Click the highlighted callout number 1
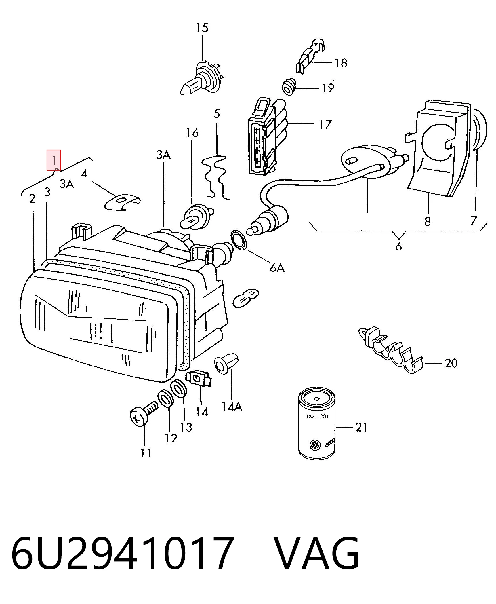[x=54, y=160]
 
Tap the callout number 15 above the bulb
[x=202, y=28]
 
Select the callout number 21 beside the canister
[x=361, y=427]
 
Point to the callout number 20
[x=451, y=363]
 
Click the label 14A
[x=232, y=406]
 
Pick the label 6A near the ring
[x=277, y=268]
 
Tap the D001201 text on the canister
[x=317, y=416]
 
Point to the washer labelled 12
[x=166, y=399]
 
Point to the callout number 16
[x=192, y=133]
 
